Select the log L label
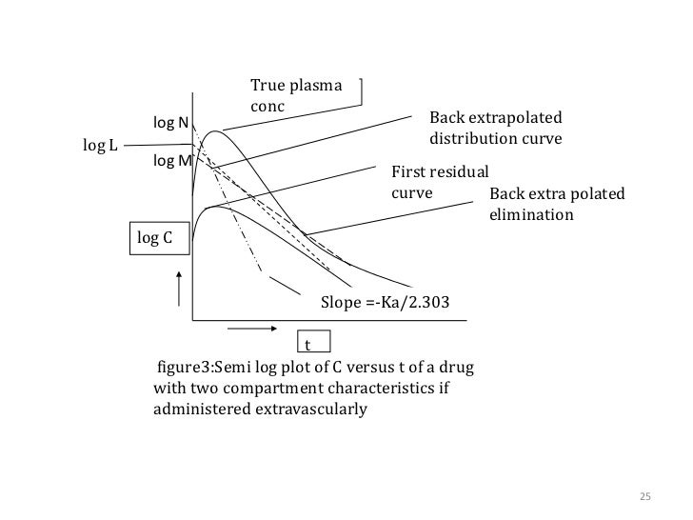pos(100,145)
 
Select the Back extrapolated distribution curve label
pos(496,128)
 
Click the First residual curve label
pos(439,182)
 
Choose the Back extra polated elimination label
pos(556,204)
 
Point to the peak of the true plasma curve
pos(217,130)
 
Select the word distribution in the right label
pos(472,138)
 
